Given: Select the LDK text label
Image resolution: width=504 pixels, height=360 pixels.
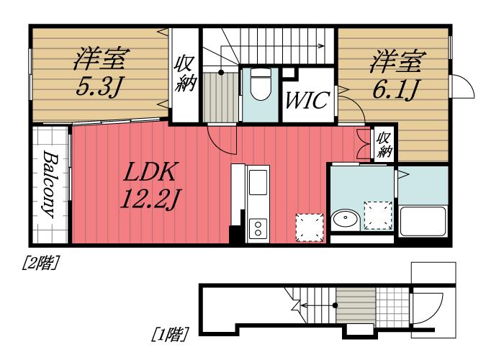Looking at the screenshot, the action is pyautogui.click(x=150, y=171).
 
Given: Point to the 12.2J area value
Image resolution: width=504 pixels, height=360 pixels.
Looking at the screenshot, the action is pyautogui.click(x=150, y=199).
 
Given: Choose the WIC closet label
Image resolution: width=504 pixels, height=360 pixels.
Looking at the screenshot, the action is pyautogui.click(x=307, y=100).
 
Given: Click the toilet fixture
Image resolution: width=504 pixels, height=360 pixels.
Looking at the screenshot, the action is pyautogui.click(x=261, y=84).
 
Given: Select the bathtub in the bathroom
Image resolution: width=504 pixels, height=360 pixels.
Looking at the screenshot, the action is pyautogui.click(x=423, y=222).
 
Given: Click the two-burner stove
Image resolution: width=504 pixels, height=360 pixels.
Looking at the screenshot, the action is pyautogui.click(x=258, y=228).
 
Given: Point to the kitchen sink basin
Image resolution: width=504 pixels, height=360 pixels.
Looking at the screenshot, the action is pyautogui.click(x=258, y=182).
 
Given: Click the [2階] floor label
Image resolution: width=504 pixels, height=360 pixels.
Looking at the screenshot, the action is pyautogui.click(x=41, y=263).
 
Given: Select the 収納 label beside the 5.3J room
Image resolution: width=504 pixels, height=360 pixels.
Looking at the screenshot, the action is pyautogui.click(x=184, y=75).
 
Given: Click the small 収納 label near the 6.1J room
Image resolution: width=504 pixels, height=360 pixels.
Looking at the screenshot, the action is pyautogui.click(x=384, y=145).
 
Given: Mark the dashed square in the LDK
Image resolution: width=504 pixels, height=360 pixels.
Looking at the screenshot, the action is pyautogui.click(x=310, y=228).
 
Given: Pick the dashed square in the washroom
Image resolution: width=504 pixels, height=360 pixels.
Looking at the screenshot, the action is pyautogui.click(x=378, y=216).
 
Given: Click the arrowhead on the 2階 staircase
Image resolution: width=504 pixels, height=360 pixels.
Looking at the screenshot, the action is pyautogui.click(x=322, y=46).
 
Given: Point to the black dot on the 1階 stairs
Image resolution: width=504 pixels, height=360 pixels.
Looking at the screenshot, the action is pyautogui.click(x=335, y=305).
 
